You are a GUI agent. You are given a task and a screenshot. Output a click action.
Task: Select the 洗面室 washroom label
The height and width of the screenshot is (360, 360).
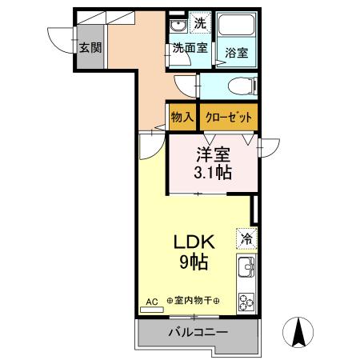coord(190,48)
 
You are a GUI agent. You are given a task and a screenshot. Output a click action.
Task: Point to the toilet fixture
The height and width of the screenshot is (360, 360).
coord(240,86)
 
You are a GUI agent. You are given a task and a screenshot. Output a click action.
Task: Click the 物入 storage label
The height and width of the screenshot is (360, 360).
coord(182,117)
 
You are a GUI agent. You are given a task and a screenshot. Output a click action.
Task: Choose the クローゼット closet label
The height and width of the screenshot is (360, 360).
coord(229,117)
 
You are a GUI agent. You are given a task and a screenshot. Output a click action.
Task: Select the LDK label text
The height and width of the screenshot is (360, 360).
coord(192,241)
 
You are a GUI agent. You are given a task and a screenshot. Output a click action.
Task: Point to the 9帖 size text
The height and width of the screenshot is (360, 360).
coord(192,261)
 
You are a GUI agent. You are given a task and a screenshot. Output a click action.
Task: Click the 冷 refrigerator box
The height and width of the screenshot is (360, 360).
coord(246,238)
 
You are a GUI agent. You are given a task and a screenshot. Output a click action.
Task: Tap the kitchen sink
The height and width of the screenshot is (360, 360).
coord(246,266)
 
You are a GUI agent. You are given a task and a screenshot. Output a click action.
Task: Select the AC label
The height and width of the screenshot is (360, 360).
coord(152,302)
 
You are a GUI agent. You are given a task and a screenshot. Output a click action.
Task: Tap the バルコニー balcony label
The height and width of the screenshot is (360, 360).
coord(198,331)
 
